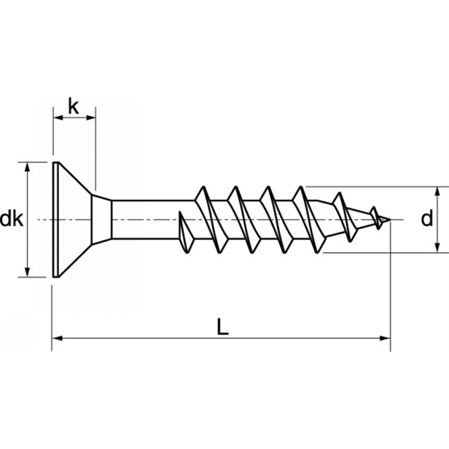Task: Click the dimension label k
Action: (x=73, y=107)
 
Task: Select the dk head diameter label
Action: (x=12, y=219)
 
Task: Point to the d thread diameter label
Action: (x=427, y=219)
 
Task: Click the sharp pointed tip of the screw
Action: (x=388, y=220)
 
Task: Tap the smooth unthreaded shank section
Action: (x=150, y=220)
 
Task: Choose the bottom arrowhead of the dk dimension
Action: (x=28, y=274)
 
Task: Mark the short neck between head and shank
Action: (x=103, y=220)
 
